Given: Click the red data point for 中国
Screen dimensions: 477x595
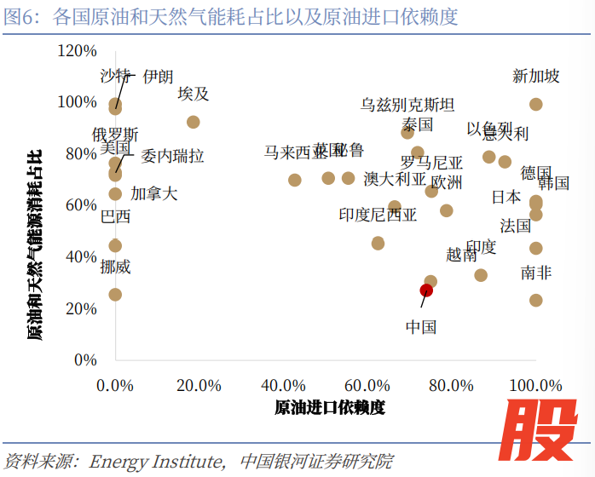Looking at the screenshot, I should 426,290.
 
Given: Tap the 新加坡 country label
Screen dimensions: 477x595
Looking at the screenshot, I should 536,77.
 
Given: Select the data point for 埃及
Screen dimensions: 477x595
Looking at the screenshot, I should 194,122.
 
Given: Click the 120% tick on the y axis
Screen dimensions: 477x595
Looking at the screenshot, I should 77,51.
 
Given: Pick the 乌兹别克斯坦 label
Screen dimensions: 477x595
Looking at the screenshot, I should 407,105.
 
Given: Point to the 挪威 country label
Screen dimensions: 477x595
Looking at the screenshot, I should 115,267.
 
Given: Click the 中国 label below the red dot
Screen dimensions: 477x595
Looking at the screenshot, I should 421,327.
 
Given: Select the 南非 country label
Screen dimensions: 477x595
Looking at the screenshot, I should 536,273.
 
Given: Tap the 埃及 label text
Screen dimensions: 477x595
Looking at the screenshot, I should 194,94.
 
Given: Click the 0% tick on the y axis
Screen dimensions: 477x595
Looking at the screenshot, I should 85,359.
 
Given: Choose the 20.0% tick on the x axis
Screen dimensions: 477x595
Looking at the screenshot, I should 199,385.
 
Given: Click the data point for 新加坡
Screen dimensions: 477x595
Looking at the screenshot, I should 536,104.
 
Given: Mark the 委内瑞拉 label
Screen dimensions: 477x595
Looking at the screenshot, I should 172,157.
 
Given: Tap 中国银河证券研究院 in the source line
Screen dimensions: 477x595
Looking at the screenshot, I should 316,462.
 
